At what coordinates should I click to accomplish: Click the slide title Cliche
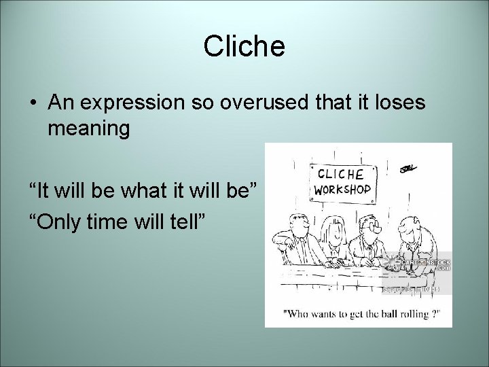tap(244, 46)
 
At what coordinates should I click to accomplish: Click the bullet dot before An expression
tap(33, 103)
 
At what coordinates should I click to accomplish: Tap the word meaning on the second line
tap(88, 128)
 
